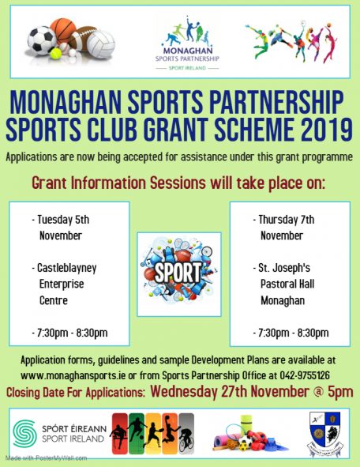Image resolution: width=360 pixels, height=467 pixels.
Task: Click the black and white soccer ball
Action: pyautogui.click(x=41, y=40)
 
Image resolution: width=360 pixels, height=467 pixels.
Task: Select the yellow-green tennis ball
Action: pyautogui.click(x=55, y=53)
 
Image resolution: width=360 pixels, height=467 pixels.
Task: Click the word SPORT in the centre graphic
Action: pyautogui.click(x=178, y=272)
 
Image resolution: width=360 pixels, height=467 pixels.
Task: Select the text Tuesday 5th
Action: pyautogui.click(x=63, y=220)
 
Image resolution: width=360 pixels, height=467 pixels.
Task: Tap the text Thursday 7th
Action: pyautogui.click(x=287, y=220)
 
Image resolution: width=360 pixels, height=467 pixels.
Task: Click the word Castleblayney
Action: pyautogui.click(x=66, y=268)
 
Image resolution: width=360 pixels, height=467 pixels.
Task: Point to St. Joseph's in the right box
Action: pyautogui.click(x=284, y=268)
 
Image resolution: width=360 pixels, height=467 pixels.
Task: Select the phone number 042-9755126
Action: pyautogui.click(x=305, y=375)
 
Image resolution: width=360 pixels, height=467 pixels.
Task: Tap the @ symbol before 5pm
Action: pyautogui.click(x=319, y=392)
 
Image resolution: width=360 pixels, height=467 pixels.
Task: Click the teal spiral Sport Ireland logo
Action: pyautogui.click(x=25, y=433)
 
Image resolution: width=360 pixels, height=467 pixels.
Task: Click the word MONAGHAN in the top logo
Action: pyautogui.click(x=188, y=50)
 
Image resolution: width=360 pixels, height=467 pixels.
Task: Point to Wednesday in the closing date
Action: pyautogui.click(x=184, y=392)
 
